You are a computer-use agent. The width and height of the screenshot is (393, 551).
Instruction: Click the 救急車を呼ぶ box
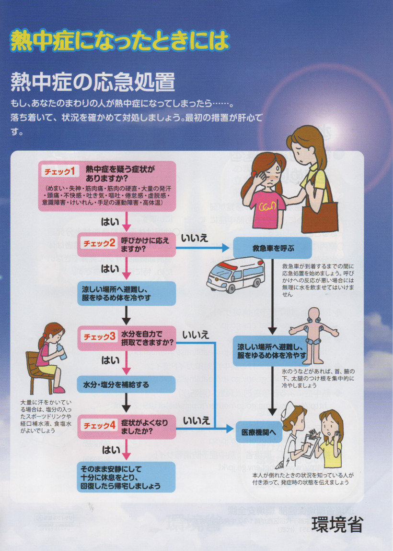click(x=273, y=248)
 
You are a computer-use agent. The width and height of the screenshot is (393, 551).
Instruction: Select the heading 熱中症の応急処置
click(x=92, y=82)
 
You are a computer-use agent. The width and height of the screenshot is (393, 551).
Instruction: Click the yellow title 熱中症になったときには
click(x=119, y=41)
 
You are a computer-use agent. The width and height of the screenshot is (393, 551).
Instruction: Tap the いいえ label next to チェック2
click(x=195, y=237)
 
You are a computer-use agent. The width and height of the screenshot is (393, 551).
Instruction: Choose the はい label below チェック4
click(x=110, y=450)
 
